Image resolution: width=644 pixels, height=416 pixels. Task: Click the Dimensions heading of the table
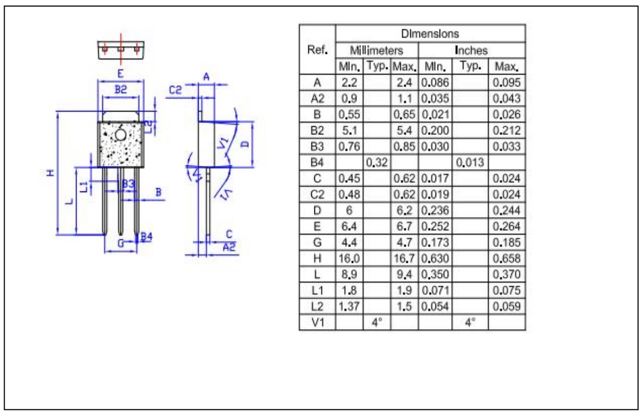click(430, 34)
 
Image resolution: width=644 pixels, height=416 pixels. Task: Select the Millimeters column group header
click(377, 51)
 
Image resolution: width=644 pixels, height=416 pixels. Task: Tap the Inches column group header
click(472, 51)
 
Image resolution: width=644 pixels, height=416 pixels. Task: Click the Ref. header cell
click(317, 50)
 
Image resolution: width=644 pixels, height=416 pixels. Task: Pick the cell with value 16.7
click(404, 259)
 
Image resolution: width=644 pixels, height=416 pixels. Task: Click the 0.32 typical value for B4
click(377, 163)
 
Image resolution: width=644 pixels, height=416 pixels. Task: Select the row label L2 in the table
click(317, 306)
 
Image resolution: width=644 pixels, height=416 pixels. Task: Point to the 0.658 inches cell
click(507, 259)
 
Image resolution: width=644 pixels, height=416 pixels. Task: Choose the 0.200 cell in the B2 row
click(435, 131)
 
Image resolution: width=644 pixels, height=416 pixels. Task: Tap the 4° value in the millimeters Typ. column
click(377, 323)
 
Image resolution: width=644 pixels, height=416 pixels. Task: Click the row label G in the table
click(317, 242)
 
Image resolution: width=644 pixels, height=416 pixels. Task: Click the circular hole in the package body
click(121, 135)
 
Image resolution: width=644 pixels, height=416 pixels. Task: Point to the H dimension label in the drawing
click(50, 173)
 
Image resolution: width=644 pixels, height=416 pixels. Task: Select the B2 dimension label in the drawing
click(120, 90)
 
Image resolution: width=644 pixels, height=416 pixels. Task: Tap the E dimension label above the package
click(120, 73)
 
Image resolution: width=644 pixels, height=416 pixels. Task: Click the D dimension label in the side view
click(245, 144)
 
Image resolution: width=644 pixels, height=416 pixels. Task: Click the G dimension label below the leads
click(121, 243)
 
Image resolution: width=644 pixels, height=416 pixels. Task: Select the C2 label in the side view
click(175, 90)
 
